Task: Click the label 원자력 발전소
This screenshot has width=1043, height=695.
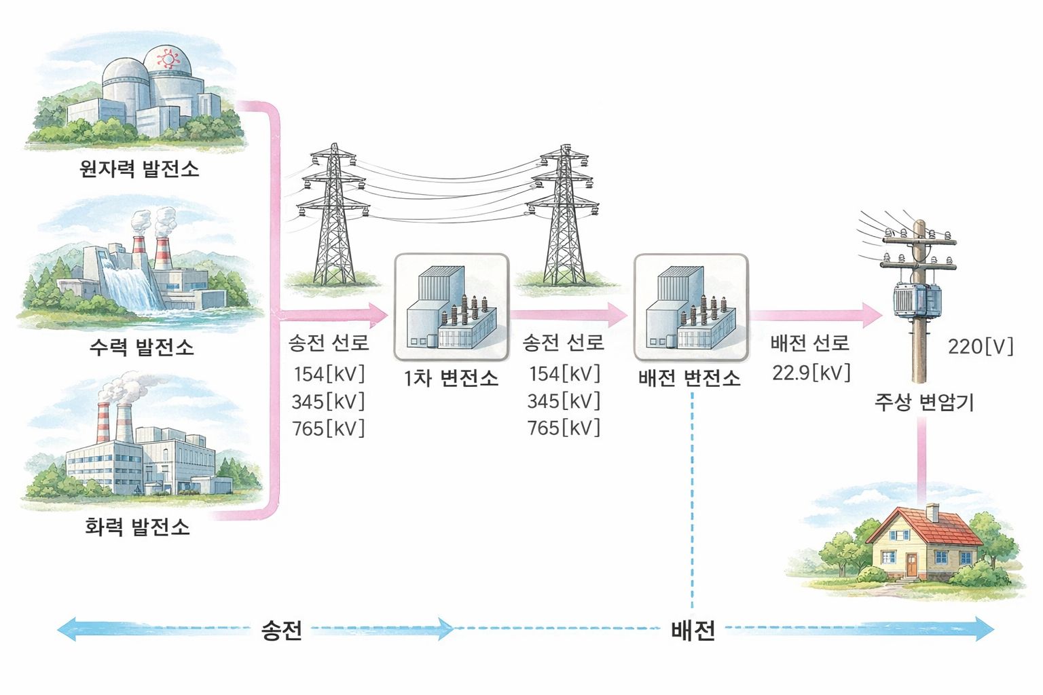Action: pyautogui.click(x=139, y=168)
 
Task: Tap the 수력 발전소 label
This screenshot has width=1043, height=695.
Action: pyautogui.click(x=141, y=347)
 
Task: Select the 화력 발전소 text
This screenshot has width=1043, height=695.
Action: pyautogui.click(x=137, y=527)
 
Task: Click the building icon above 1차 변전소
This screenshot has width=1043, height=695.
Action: pyautogui.click(x=452, y=307)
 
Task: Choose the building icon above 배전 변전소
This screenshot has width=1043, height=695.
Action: pyautogui.click(x=691, y=307)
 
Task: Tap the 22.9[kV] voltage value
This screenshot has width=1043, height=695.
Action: pyautogui.click(x=811, y=372)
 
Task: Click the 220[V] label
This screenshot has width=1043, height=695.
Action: pyautogui.click(x=980, y=347)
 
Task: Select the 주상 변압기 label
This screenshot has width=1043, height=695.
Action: pyautogui.click(x=923, y=402)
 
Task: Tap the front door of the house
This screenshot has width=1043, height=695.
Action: pyautogui.click(x=911, y=565)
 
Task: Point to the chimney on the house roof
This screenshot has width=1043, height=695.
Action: pyautogui.click(x=932, y=512)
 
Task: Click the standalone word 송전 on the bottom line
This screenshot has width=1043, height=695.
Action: pyautogui.click(x=281, y=631)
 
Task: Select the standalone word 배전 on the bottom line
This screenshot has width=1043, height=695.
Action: pyautogui.click(x=693, y=631)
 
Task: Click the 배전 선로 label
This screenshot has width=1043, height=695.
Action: pyautogui.click(x=809, y=343)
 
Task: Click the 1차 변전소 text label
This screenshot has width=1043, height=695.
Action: pyautogui.click(x=451, y=378)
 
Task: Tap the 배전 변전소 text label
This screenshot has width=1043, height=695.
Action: pyautogui.click(x=689, y=378)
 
